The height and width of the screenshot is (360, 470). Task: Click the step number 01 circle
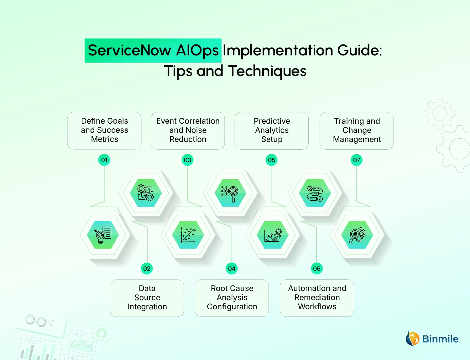104,160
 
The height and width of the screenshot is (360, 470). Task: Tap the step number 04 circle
232,269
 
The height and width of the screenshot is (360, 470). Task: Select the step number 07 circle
356,160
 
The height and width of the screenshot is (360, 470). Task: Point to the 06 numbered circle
317,269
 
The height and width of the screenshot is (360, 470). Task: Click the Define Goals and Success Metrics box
104,131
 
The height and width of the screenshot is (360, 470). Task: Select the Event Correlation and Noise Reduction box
187,131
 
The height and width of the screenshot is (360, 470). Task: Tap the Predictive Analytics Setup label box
271,131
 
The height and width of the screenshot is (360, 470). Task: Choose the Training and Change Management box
357,131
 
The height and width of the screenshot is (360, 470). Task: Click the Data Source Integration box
147,298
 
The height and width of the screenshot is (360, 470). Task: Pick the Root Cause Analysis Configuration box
232,298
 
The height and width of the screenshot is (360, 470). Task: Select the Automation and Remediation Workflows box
317,298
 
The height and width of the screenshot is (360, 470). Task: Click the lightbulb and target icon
103,235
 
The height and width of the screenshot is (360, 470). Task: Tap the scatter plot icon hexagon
188,235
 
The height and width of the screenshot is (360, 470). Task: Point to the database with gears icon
146,193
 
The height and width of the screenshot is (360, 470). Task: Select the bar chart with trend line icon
273,235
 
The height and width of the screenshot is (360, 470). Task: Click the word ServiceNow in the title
129,50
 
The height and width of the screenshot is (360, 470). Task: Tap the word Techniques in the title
267,71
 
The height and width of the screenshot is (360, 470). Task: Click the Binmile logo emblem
413,339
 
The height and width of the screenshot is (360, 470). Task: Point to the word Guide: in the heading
359,50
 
